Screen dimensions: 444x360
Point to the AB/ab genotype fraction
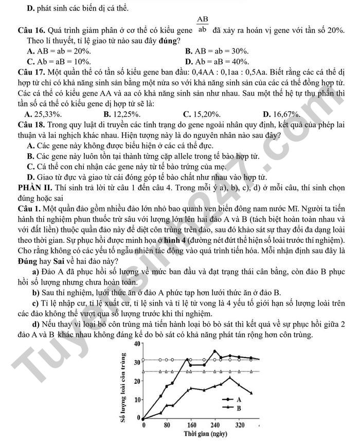(202, 24)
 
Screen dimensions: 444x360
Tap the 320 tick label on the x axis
(239, 425)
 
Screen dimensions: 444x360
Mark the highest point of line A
(215, 351)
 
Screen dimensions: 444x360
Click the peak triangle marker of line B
(230, 378)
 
